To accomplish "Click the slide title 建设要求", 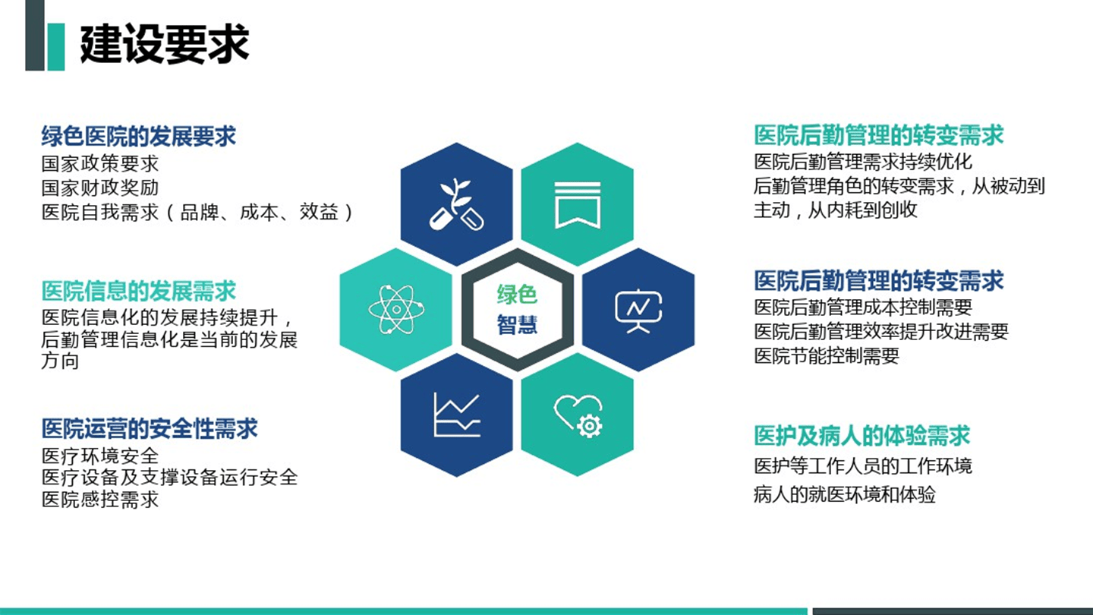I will click(x=164, y=43).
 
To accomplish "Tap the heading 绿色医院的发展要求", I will click(x=138, y=136).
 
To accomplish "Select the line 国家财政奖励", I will click(x=99, y=187).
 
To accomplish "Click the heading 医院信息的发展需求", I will click(x=138, y=291).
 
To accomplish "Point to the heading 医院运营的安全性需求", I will click(x=150, y=428).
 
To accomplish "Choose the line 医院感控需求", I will click(x=99, y=499).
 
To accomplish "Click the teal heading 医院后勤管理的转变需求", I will click(x=878, y=135).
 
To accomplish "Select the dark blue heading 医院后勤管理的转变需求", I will click(x=878, y=281).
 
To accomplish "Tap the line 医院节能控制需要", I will click(x=826, y=355).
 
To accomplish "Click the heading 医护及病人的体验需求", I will click(x=861, y=436).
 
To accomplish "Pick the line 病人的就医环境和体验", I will click(x=844, y=494).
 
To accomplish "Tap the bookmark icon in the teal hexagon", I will click(x=577, y=204).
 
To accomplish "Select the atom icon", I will click(x=395, y=309).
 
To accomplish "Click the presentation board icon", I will click(x=638, y=310).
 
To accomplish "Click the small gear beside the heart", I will click(x=590, y=426).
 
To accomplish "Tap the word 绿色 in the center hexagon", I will click(x=517, y=294).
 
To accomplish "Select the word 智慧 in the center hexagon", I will click(x=517, y=324).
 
